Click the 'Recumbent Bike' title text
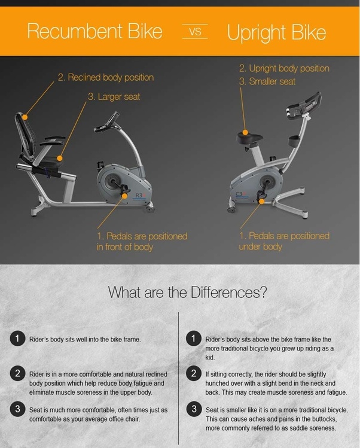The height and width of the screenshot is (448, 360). [x=94, y=31]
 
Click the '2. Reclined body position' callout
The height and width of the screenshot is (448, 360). [x=105, y=77]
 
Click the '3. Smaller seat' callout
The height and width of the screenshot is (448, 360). [x=267, y=81]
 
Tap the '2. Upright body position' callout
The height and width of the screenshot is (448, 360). [x=283, y=68]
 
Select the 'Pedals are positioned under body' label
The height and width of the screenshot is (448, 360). [x=284, y=241]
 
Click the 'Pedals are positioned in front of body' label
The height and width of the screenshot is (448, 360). [x=141, y=242]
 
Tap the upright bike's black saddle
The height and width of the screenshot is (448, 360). [x=250, y=137]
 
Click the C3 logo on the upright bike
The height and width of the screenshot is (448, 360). [x=240, y=194]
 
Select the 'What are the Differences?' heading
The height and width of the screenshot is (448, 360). [x=187, y=293]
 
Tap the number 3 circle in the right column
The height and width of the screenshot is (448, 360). [x=193, y=410]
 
